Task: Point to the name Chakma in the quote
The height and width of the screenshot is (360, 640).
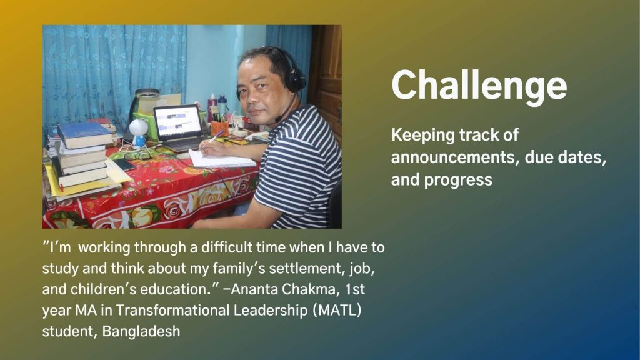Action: pyautogui.click(x=308, y=289)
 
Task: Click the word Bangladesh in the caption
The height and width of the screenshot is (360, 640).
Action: pyautogui.click(x=141, y=331)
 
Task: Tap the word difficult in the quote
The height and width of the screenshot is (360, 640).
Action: pyautogui.click(x=226, y=247)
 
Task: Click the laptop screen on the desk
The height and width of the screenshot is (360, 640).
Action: pyautogui.click(x=178, y=122)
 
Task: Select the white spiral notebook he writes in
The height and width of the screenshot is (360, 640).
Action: pyautogui.click(x=222, y=159)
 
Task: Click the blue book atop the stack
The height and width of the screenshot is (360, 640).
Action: pyautogui.click(x=85, y=135)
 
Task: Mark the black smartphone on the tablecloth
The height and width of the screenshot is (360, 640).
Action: pyautogui.click(x=124, y=164)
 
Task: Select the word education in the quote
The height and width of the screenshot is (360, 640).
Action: pyautogui.click(x=173, y=289)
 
